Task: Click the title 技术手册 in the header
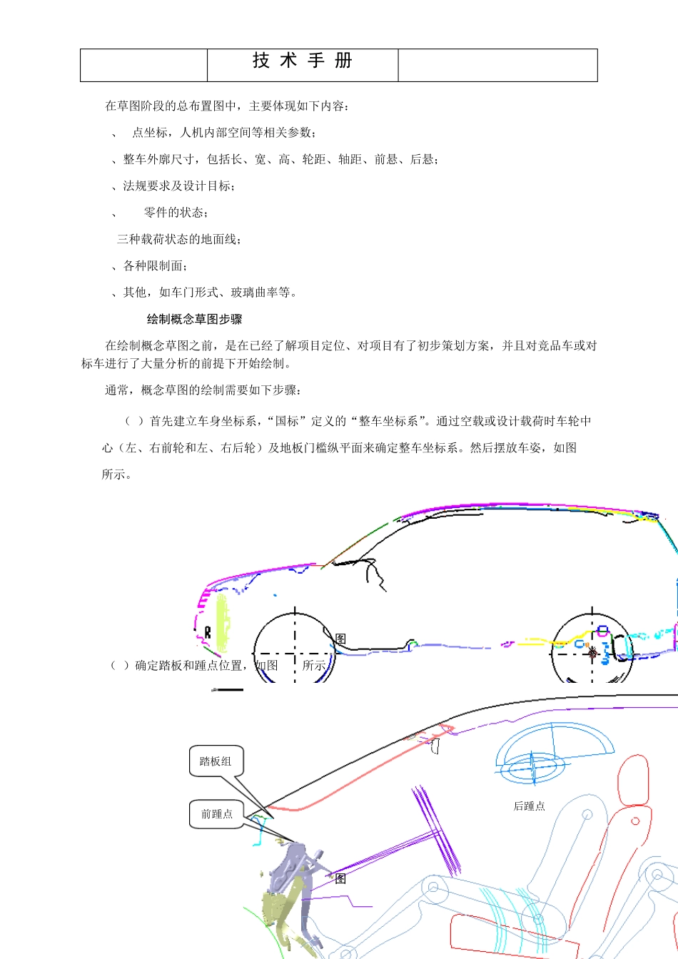(303, 61)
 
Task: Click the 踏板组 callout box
(216, 761)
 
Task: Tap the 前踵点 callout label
(217, 814)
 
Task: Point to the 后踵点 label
(530, 806)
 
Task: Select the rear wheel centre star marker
(592, 652)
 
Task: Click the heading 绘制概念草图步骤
(195, 320)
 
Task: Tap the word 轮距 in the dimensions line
(314, 159)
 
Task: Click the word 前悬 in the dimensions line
(386, 159)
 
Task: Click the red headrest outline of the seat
(633, 781)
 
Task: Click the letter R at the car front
(208, 632)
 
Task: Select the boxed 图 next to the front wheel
(340, 639)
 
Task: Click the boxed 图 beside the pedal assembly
(340, 878)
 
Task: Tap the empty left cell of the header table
(143, 65)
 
